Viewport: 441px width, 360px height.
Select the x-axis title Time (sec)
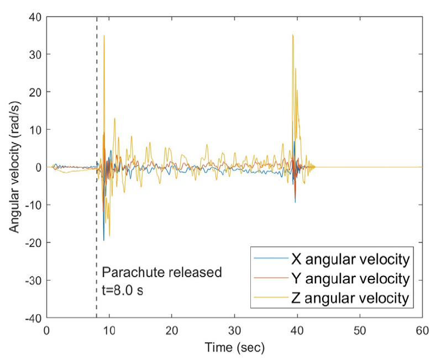tap(234, 348)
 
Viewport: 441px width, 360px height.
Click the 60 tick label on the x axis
tap(422, 330)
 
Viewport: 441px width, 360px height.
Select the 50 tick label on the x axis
tap(360, 330)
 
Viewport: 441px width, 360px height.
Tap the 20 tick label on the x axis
tap(172, 330)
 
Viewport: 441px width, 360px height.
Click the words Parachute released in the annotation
tap(162, 272)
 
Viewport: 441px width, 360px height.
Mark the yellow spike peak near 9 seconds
tap(104, 36)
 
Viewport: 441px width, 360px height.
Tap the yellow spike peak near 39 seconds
tap(292, 35)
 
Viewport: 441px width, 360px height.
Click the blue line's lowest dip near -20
tap(104, 240)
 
